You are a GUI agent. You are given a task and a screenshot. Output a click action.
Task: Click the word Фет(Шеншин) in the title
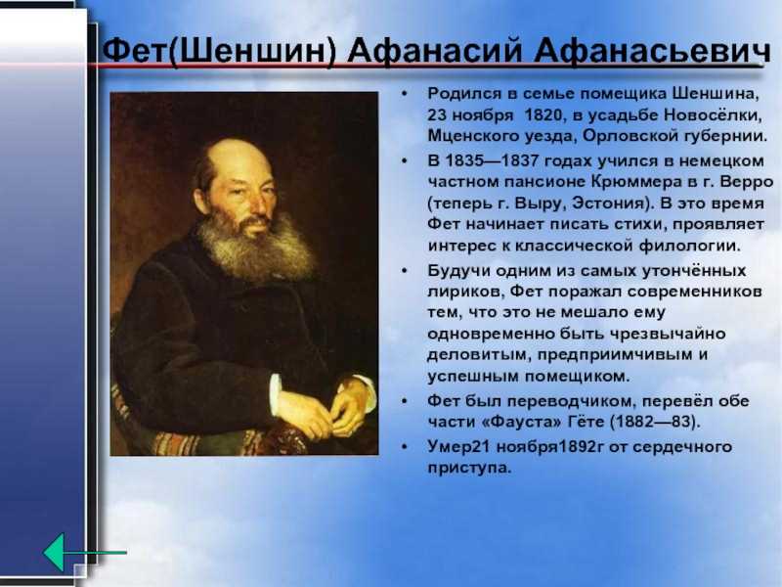pyautogui.click(x=219, y=51)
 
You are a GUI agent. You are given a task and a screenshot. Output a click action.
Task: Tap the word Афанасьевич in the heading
pyautogui.click(x=652, y=51)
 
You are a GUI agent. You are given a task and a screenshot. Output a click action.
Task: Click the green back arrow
pyautogui.click(x=84, y=553)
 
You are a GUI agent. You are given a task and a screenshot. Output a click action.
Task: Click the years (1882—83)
pyautogui.click(x=655, y=423)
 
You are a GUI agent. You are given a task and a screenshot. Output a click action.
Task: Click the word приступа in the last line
pyautogui.click(x=469, y=469)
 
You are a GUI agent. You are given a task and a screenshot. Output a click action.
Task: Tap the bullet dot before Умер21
pyautogui.click(x=405, y=447)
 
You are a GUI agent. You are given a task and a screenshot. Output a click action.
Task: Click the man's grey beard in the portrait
pyautogui.click(x=257, y=248)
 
